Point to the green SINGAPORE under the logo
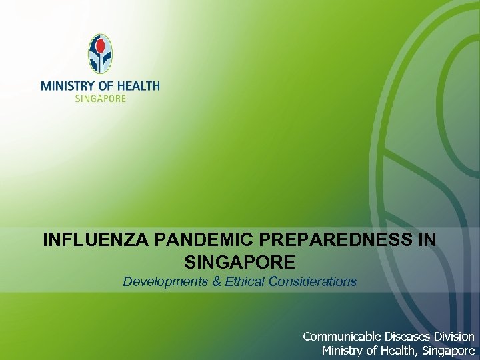click(x=100, y=97)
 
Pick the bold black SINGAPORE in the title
click(x=237, y=261)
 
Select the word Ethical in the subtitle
click(x=246, y=281)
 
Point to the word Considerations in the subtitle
click(x=313, y=281)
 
